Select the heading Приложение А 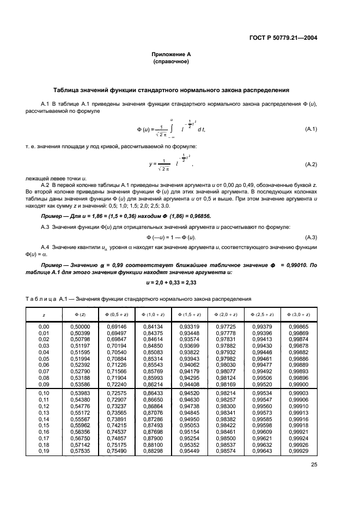click(x=171, y=54)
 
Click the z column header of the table click(x=44, y=315)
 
